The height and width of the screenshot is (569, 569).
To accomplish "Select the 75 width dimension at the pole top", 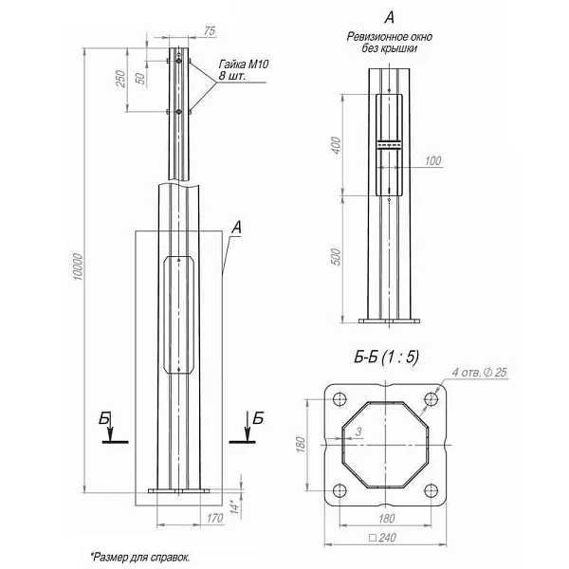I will click(209, 31).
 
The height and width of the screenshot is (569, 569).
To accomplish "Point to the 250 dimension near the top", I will click(121, 79).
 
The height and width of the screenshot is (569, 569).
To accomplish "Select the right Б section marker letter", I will click(258, 417).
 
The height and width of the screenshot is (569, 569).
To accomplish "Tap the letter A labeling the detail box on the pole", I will click(235, 227).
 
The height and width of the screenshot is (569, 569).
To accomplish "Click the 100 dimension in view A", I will click(433, 160).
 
